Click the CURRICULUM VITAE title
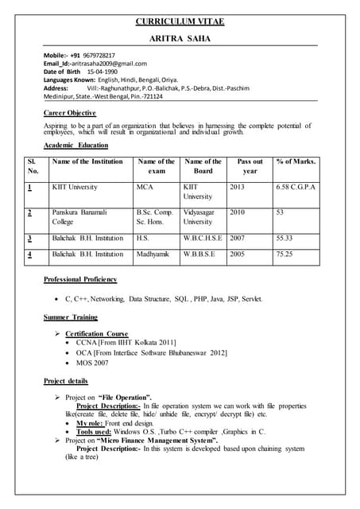click(180, 21)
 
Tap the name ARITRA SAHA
click(180, 39)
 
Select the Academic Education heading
click(76, 146)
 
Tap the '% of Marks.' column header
click(296, 161)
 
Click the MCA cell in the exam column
click(145, 187)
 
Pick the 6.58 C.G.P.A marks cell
click(296, 187)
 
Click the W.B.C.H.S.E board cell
click(203, 238)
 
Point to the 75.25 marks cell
click(285, 254)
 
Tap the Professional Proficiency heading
click(80, 279)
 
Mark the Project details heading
click(66, 381)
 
